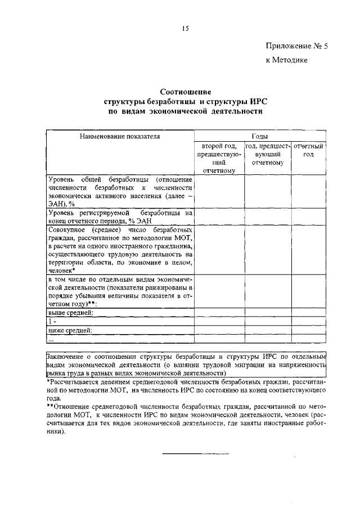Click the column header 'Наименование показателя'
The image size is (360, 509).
pyautogui.click(x=116, y=137)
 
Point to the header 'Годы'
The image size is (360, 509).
pyautogui.click(x=259, y=137)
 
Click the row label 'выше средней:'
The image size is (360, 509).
pyautogui.click(x=70, y=312)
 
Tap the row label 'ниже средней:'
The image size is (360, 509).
pyautogui.click(x=70, y=330)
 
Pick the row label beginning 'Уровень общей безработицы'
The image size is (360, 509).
pyautogui.click(x=120, y=191)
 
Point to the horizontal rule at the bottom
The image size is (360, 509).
pyautogui.click(x=196, y=453)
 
